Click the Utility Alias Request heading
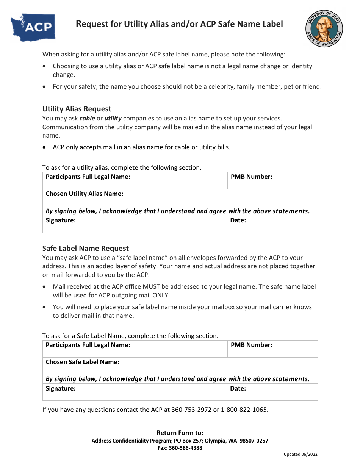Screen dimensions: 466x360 [x=77, y=109]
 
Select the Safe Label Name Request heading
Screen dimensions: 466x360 [x=86, y=249]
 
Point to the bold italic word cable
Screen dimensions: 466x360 [x=87, y=118]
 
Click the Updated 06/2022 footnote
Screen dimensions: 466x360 [x=301, y=455]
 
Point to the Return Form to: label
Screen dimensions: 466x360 [x=180, y=433]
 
